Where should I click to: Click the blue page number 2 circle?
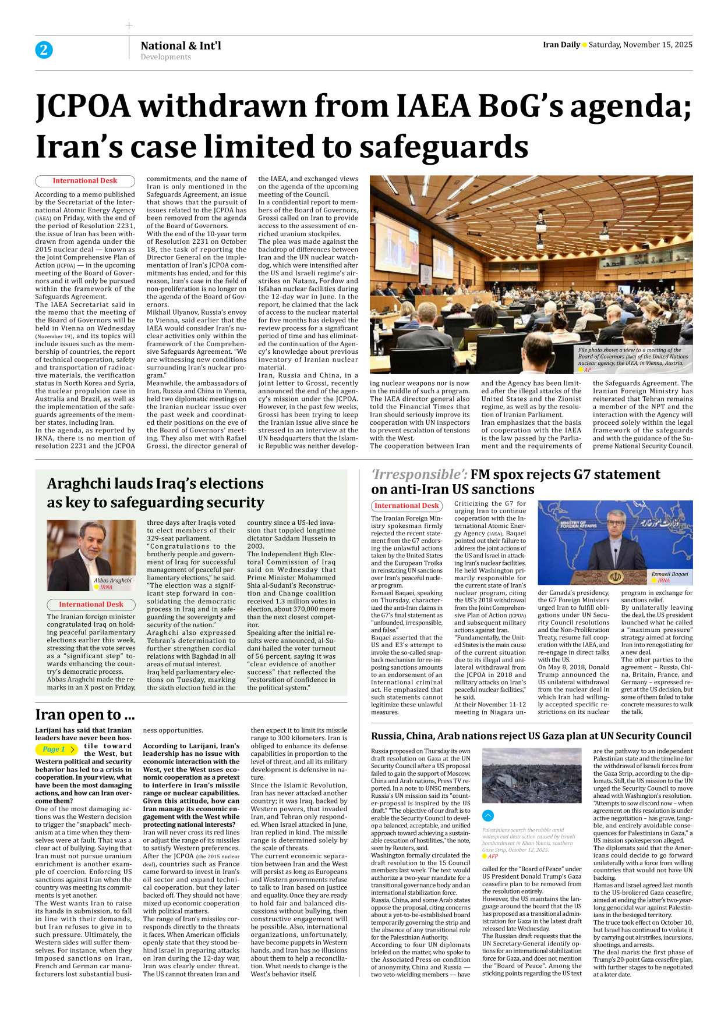click(x=44, y=50)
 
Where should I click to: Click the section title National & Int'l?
click(x=181, y=45)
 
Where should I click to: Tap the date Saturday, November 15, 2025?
click(x=640, y=45)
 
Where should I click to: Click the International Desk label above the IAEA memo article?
click(x=85, y=181)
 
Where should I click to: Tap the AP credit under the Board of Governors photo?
click(x=588, y=370)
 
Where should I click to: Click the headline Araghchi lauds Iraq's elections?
click(x=155, y=484)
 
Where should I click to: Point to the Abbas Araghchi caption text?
click(x=112, y=580)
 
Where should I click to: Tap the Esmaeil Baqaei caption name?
click(x=670, y=574)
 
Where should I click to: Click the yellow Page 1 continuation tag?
click(x=57, y=749)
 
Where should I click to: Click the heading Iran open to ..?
click(x=84, y=715)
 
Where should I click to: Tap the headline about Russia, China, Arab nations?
click(x=531, y=736)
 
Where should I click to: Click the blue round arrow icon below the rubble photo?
click(x=488, y=816)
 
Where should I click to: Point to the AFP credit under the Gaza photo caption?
click(x=493, y=856)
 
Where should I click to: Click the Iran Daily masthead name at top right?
click(x=561, y=45)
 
